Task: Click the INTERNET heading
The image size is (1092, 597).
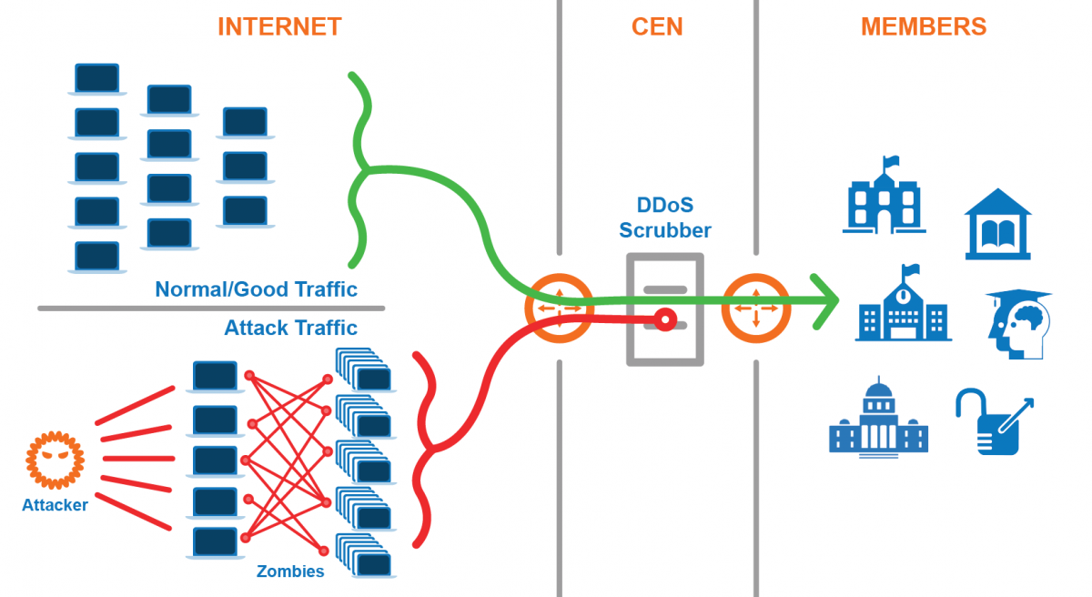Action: (x=279, y=26)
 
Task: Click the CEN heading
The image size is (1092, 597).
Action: (x=656, y=26)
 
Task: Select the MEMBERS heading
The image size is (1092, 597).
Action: (x=923, y=26)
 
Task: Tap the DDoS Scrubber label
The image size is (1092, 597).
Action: (x=665, y=218)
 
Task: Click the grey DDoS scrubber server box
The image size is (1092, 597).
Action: (x=665, y=309)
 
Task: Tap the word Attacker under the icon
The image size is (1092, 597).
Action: (x=55, y=505)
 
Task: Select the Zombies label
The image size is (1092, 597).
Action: (x=289, y=572)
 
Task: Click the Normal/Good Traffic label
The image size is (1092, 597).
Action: (x=256, y=289)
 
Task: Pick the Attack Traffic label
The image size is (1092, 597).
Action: (x=290, y=328)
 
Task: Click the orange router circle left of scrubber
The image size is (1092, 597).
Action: (x=559, y=309)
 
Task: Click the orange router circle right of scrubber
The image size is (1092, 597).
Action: (x=755, y=309)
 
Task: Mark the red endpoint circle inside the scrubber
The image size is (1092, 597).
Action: (x=665, y=319)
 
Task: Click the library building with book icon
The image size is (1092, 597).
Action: (x=997, y=224)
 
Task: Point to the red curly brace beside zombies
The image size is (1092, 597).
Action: (x=424, y=450)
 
